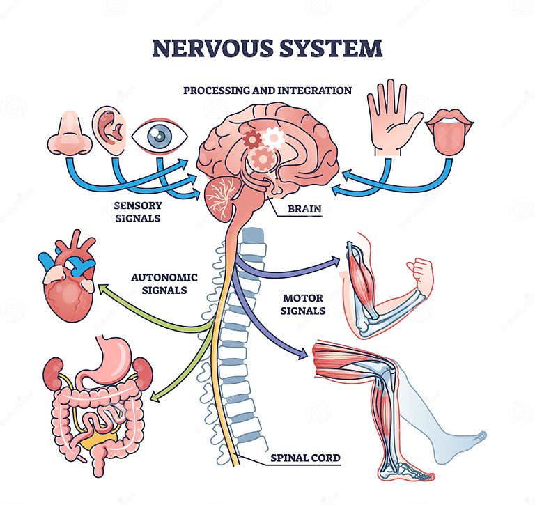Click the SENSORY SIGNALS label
(138, 211)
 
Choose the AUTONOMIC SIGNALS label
(164, 283)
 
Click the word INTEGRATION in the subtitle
(316, 90)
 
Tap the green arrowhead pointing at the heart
(103, 287)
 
